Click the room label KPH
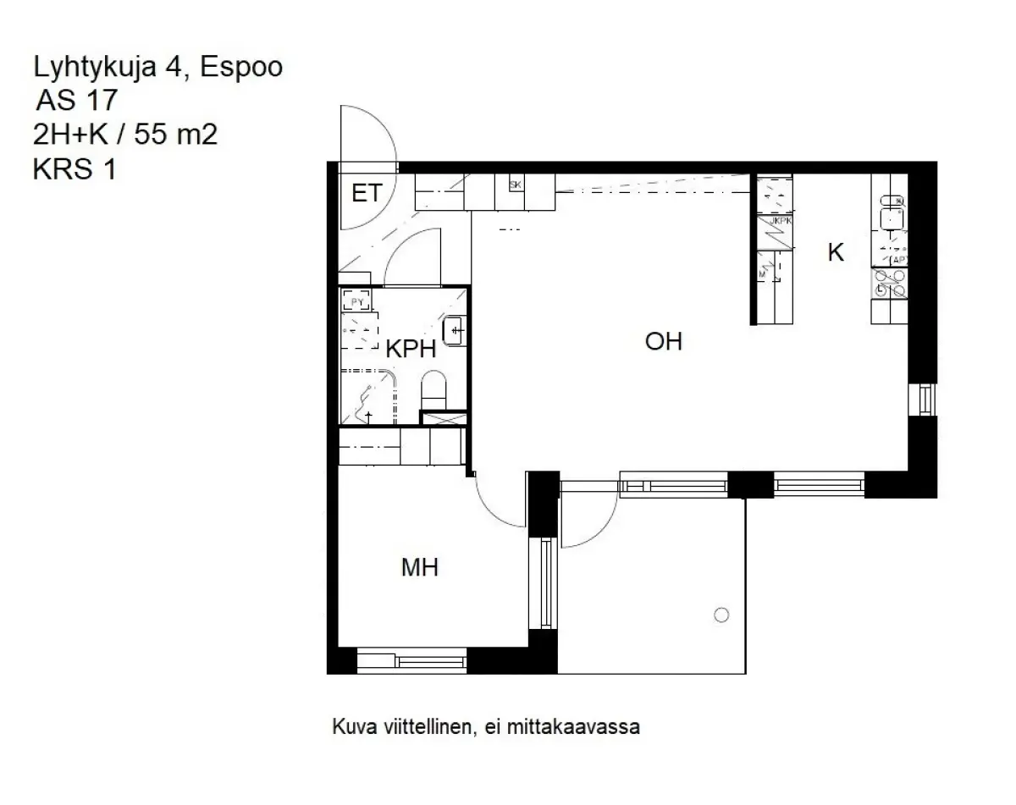pyautogui.click(x=411, y=350)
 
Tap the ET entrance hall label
pyautogui.click(x=366, y=194)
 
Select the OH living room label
pyautogui.click(x=663, y=342)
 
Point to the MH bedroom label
pyautogui.click(x=419, y=568)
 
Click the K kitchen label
pyautogui.click(x=835, y=252)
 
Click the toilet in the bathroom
pyautogui.click(x=433, y=389)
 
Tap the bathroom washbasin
pyautogui.click(x=455, y=329)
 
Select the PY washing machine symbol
pyautogui.click(x=355, y=300)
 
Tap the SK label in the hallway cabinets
pyautogui.click(x=515, y=185)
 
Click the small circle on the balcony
pyautogui.click(x=721, y=615)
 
